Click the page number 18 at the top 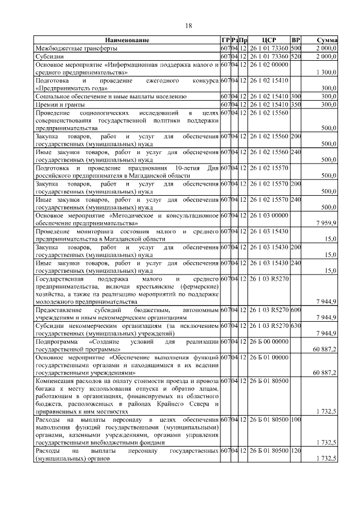tap(188, 26)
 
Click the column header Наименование tap(127, 40)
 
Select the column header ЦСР tap(267, 40)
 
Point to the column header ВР tap(296, 40)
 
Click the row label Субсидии tap(49, 56)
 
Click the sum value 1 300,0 tap(326, 73)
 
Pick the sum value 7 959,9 tap(326, 224)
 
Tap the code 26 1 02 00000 tap(268, 65)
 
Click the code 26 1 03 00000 tap(268, 216)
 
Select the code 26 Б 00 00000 tap(268, 341)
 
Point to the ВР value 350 tap(296, 104)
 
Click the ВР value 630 tap(296, 326)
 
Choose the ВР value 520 tap(296, 56)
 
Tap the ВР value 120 tap(296, 452)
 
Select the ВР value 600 tap(296, 310)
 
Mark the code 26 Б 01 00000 tap(268, 357)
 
